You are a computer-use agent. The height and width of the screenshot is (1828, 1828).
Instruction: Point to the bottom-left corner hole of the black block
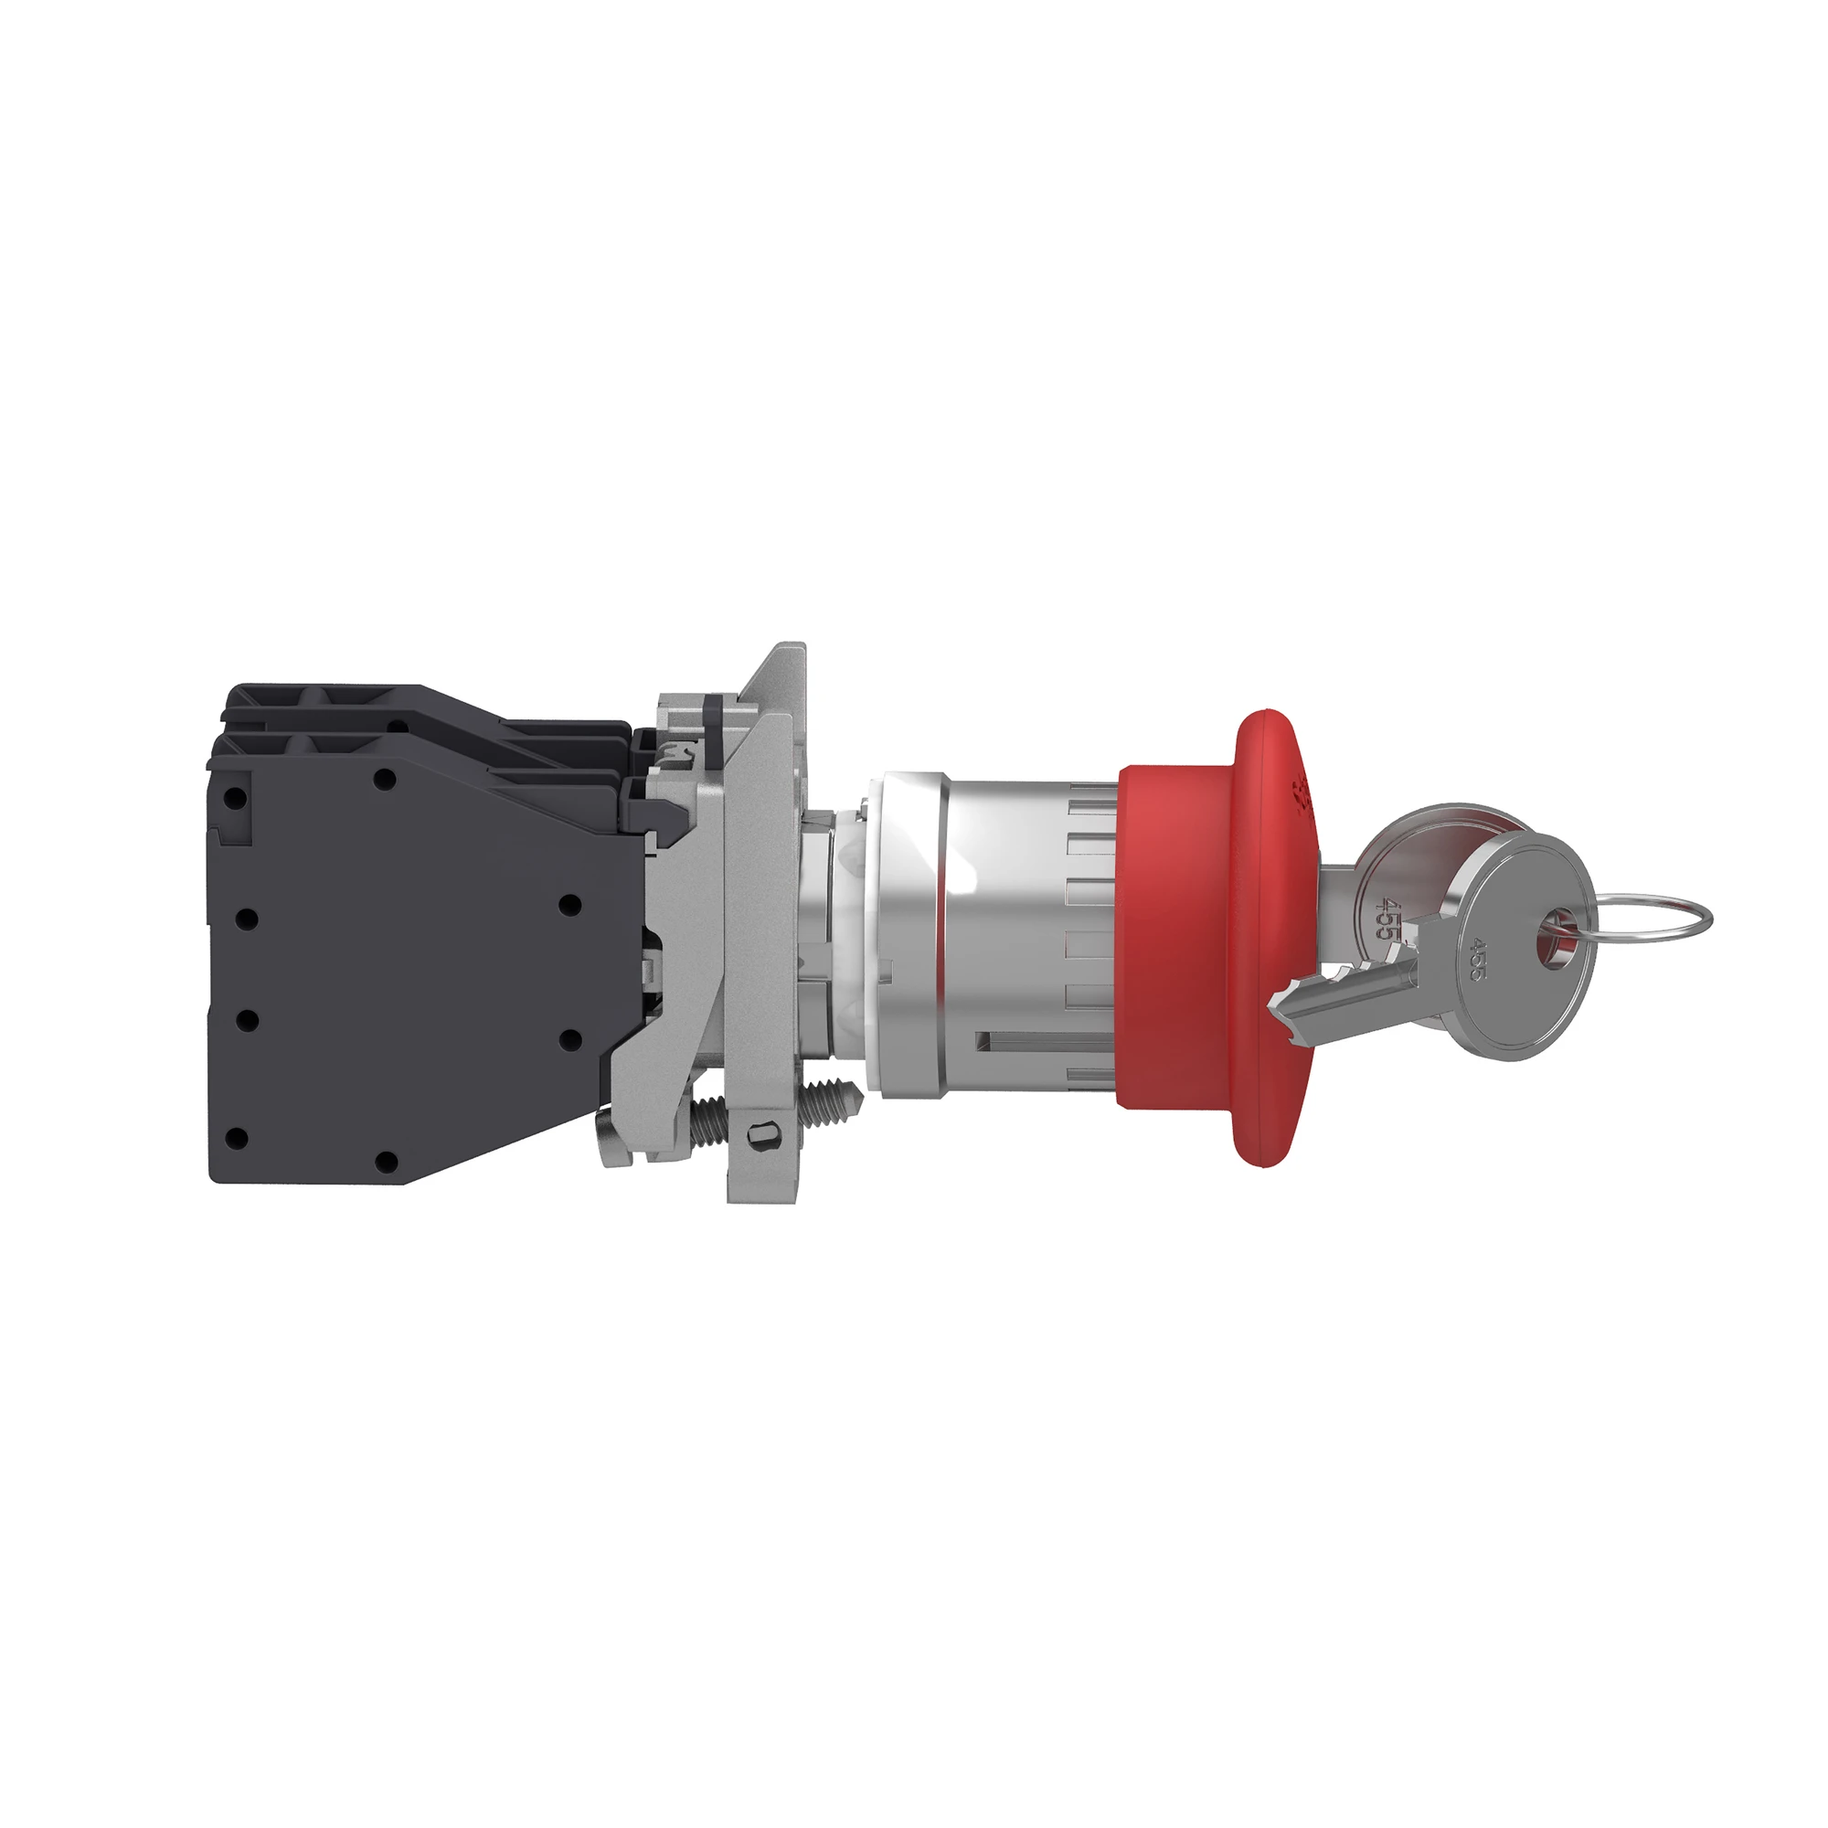pyautogui.click(x=237, y=1138)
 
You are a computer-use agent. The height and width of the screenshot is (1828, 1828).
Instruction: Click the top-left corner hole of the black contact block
pyautogui.click(x=237, y=798)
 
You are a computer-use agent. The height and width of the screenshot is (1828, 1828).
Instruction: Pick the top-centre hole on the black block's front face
pyautogui.click(x=384, y=780)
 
